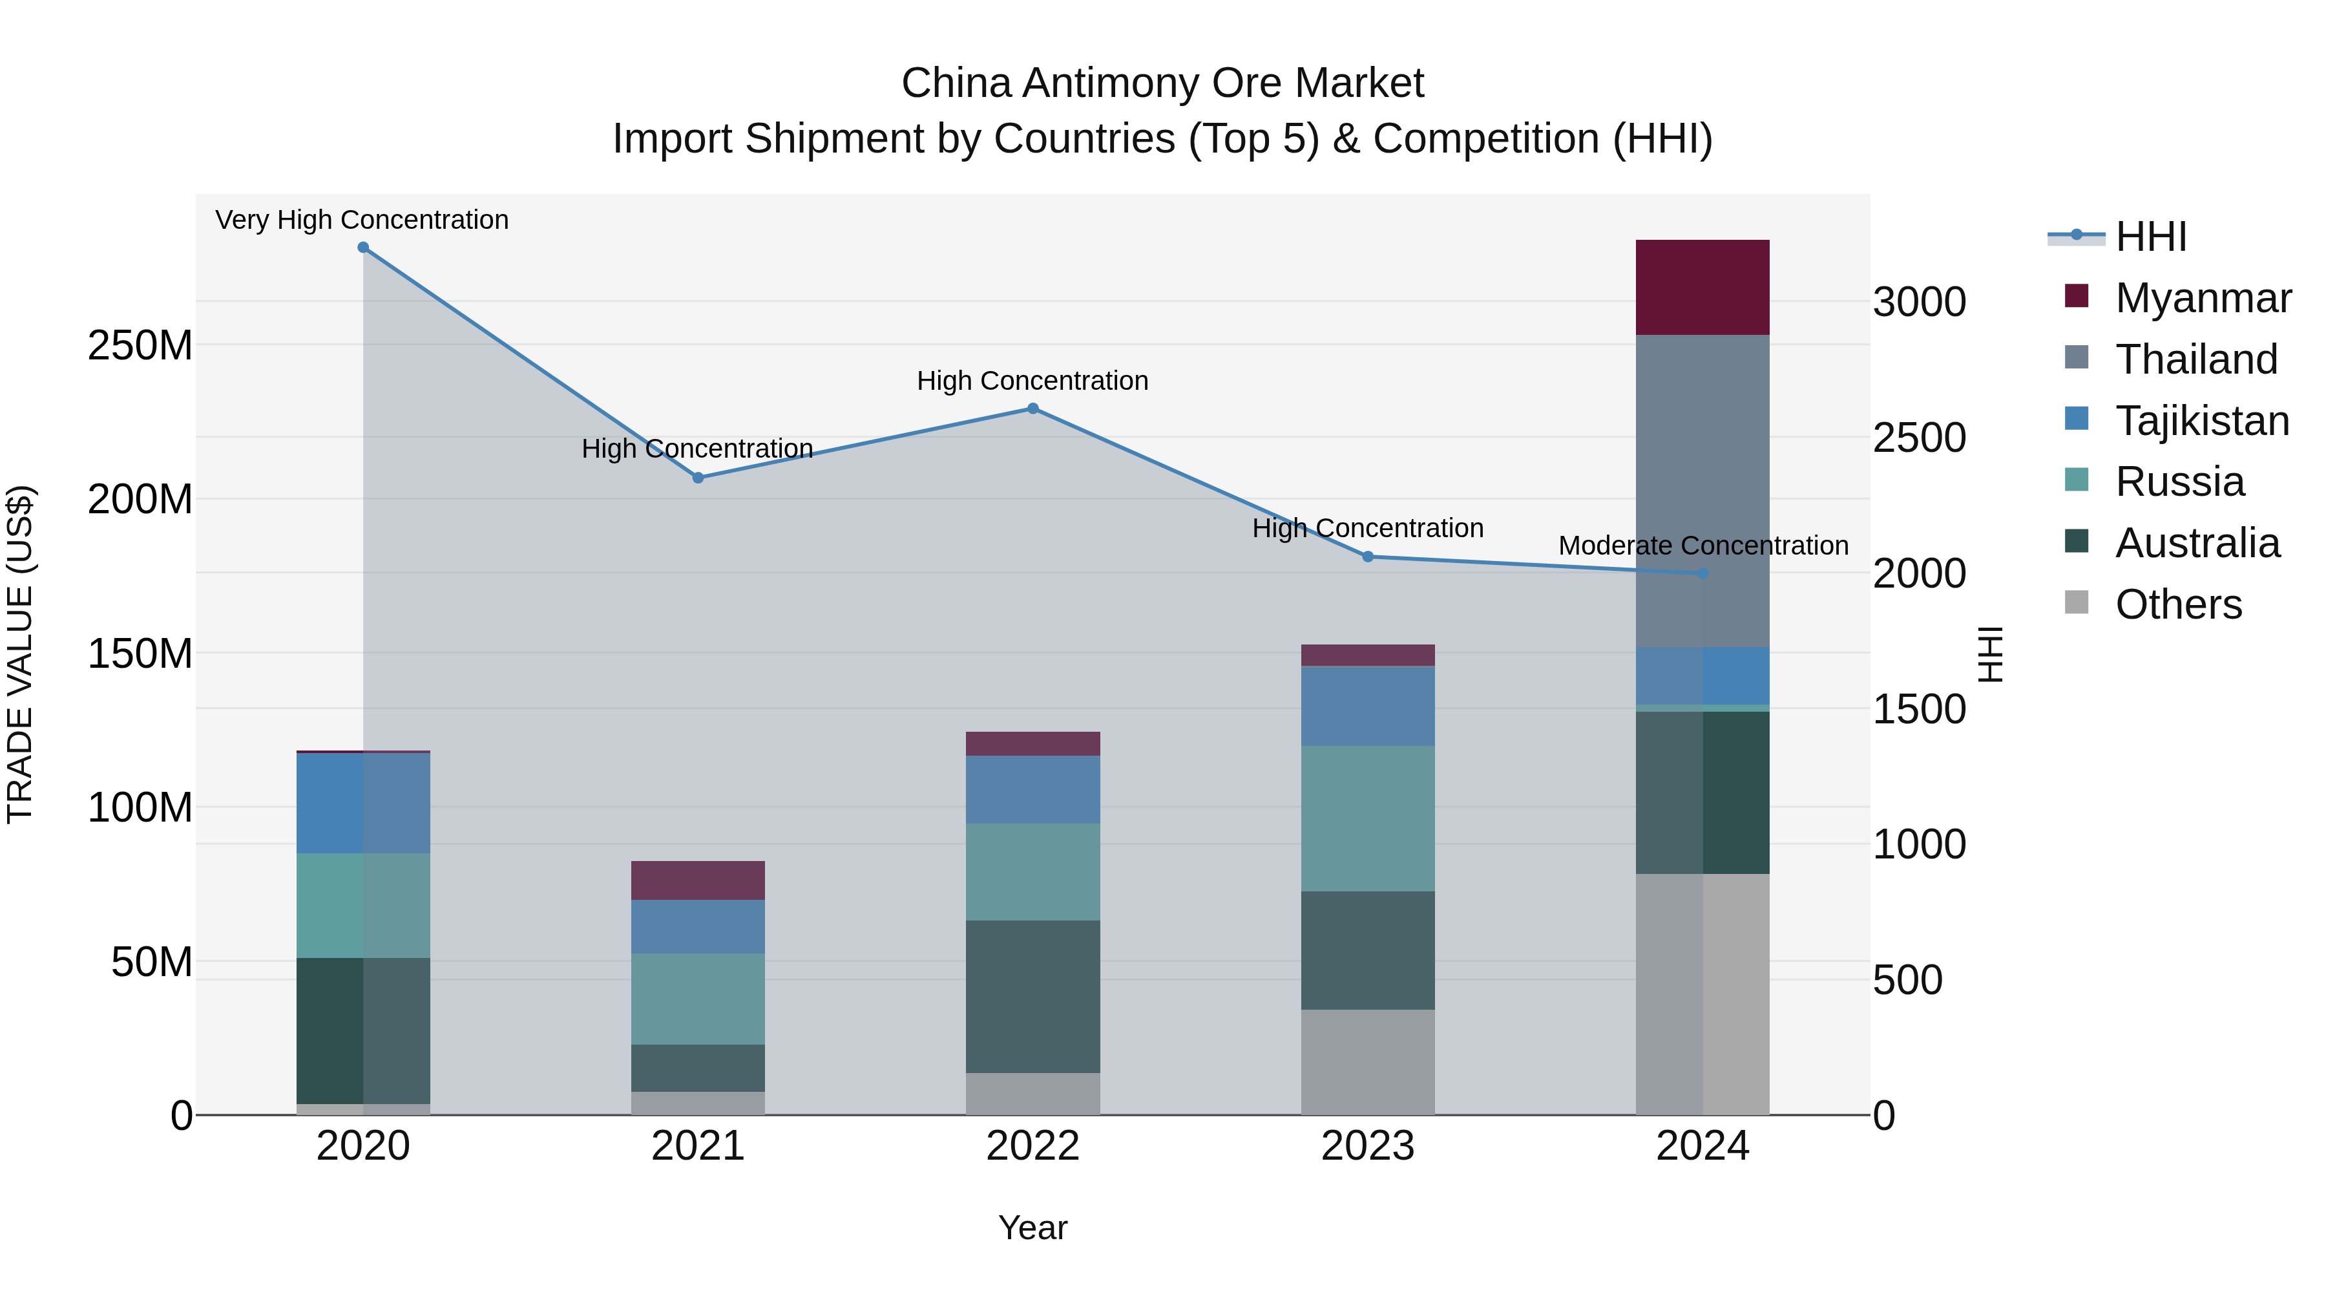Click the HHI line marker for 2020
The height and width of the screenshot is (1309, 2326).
(x=363, y=248)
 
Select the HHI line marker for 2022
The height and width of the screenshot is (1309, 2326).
(x=1033, y=409)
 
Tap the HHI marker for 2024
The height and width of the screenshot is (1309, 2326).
(x=1703, y=573)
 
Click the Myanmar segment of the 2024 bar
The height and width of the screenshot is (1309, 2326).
(x=1703, y=287)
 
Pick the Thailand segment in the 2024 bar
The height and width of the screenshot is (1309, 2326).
(x=1703, y=491)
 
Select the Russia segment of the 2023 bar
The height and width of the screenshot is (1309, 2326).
(x=1367, y=818)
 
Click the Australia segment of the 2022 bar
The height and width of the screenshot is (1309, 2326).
(x=1033, y=996)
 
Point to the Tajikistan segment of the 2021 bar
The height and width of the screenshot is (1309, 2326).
(x=698, y=926)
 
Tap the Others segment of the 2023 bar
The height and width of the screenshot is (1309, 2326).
(x=1367, y=1061)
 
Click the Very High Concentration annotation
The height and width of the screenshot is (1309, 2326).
(x=362, y=220)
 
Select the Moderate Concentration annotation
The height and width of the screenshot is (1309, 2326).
(x=1703, y=546)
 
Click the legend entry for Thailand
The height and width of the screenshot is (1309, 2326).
(x=2196, y=359)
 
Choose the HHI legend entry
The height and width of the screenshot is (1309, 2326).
(x=2151, y=237)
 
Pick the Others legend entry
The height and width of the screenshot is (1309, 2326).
(x=2178, y=604)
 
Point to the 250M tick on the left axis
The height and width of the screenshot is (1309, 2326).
(x=140, y=345)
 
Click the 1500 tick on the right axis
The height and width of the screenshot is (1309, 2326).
(x=1919, y=709)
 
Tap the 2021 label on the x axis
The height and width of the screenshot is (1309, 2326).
(x=698, y=1146)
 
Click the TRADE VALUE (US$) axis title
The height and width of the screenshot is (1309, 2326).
(x=21, y=654)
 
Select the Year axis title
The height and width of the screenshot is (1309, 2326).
(x=1033, y=1228)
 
